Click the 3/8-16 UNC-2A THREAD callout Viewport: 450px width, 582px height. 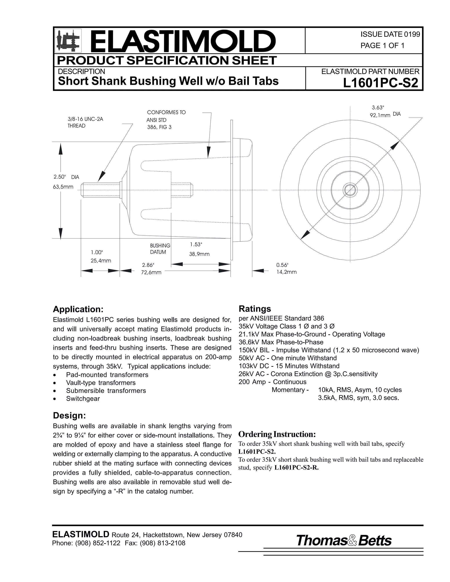85,123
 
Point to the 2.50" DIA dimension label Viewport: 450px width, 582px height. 66,177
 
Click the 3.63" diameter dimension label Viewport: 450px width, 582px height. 378,108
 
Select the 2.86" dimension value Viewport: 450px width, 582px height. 148,265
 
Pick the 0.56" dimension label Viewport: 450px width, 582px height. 282,265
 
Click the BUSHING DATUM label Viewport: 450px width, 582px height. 160,249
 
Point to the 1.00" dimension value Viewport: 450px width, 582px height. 96,252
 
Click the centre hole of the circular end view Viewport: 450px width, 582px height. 350,190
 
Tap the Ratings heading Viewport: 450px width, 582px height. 255,309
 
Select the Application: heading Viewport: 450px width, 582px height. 78,309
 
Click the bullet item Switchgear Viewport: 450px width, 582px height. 83,399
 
